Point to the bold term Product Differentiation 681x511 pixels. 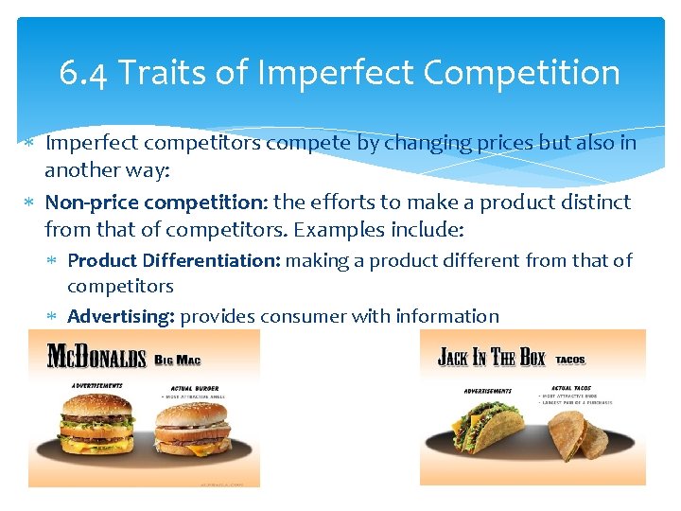(174, 260)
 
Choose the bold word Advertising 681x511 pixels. (121, 316)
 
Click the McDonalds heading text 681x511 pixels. (96, 357)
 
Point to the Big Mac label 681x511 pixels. (177, 360)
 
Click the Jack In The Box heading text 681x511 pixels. (491, 358)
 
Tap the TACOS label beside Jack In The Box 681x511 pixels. (569, 361)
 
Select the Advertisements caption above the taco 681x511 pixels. (487, 390)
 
